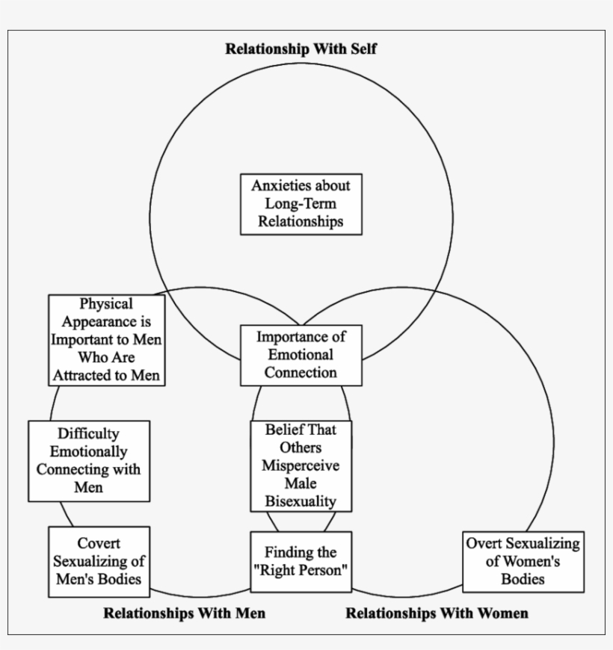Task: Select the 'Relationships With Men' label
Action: [x=184, y=613]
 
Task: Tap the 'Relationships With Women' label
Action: [x=437, y=613]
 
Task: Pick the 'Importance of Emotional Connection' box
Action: [x=301, y=353]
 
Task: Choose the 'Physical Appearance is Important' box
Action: [x=107, y=340]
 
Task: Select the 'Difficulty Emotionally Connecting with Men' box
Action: [x=88, y=461]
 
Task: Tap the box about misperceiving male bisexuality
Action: [x=301, y=465]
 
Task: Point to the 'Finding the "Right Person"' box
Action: [x=301, y=561]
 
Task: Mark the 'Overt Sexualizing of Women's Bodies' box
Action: [x=523, y=561]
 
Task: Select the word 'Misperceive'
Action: [x=301, y=465]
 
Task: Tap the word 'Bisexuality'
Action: [x=301, y=501]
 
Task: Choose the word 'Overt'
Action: [x=484, y=543]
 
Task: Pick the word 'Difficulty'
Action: [x=88, y=434]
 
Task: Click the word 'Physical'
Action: [x=107, y=304]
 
